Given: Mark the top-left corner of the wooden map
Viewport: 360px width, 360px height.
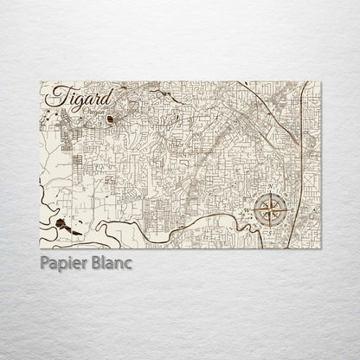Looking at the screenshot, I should [41, 82].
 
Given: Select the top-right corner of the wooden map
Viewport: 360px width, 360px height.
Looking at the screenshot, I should [320, 82].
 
